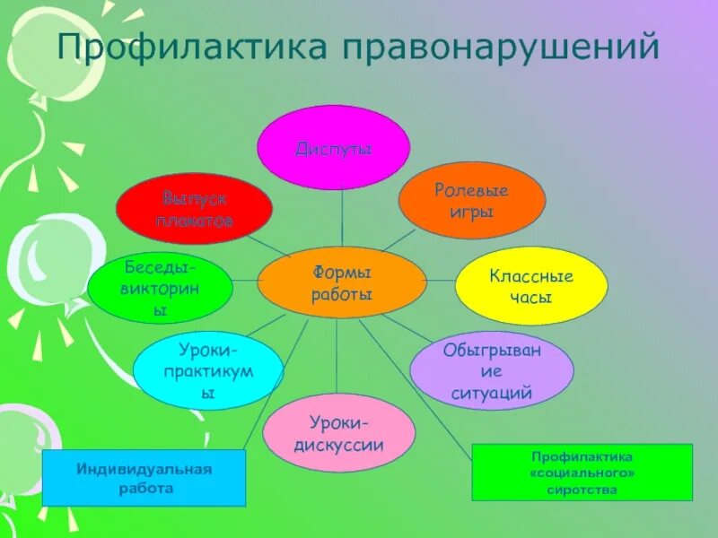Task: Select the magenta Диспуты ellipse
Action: point(334,148)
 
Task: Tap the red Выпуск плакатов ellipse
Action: point(194,209)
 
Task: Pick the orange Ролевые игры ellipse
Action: point(471,200)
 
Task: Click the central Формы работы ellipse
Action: point(342,282)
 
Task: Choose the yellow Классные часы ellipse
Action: point(531,285)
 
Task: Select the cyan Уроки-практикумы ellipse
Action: point(208,369)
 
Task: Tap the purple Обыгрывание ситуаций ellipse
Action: point(492,371)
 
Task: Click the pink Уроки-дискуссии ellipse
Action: point(339,433)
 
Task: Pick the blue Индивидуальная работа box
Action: point(144,477)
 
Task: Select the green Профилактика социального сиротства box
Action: point(582,472)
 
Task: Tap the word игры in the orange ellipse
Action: point(471,213)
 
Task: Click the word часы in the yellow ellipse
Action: point(532,297)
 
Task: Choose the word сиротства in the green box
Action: point(582,490)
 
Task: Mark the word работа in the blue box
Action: point(144,489)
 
